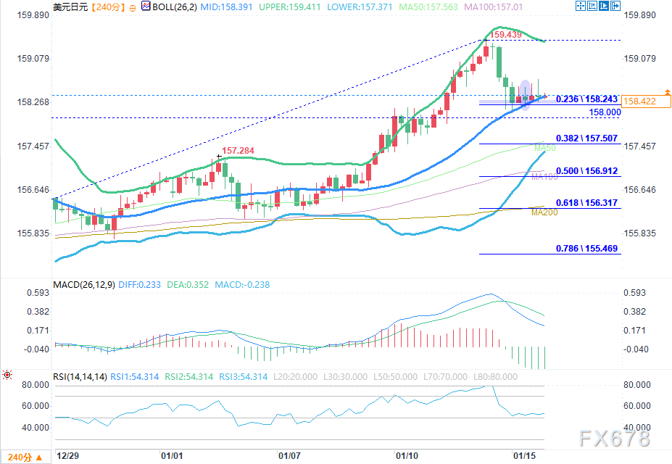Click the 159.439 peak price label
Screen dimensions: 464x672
click(x=506, y=34)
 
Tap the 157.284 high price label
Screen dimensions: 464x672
click(x=238, y=151)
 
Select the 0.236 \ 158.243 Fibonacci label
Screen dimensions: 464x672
click(x=586, y=99)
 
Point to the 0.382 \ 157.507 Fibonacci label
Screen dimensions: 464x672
click(x=586, y=138)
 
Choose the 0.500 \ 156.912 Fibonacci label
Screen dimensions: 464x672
click(x=586, y=171)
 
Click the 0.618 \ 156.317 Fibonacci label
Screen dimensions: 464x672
click(x=586, y=203)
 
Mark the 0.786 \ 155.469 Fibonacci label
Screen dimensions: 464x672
click(x=586, y=249)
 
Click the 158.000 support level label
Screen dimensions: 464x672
click(x=605, y=112)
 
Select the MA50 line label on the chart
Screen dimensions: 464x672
click(x=544, y=149)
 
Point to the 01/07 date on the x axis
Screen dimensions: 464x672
click(x=289, y=457)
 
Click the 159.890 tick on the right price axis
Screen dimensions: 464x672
click(x=640, y=15)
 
